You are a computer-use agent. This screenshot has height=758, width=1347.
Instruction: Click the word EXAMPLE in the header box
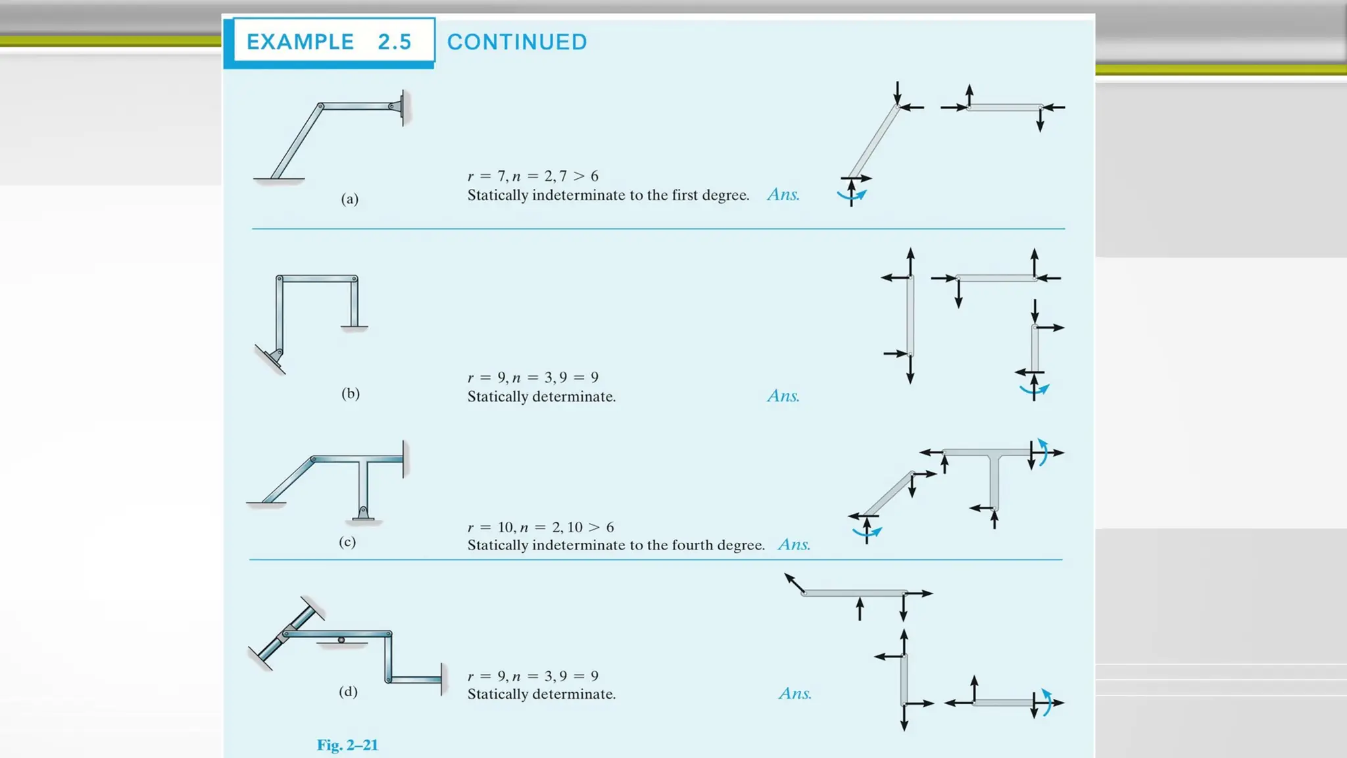(300, 42)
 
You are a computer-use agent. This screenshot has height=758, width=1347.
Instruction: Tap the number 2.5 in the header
(395, 42)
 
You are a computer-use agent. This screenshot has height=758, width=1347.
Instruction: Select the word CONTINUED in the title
(517, 42)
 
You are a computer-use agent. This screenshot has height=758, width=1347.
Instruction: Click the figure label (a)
(350, 199)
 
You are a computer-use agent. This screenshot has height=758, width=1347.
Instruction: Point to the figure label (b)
(351, 393)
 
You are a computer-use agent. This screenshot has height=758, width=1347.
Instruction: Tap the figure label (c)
(347, 542)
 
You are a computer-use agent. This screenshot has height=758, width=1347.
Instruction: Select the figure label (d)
(348, 692)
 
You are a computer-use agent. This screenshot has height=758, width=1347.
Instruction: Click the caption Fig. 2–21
(347, 745)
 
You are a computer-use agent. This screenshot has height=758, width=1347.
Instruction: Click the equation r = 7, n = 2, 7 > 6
(533, 176)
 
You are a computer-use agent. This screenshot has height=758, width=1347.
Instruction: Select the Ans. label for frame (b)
(783, 396)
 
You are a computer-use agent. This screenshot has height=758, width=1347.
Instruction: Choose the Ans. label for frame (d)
(795, 694)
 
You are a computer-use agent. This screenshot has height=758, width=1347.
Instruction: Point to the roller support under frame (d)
(341, 641)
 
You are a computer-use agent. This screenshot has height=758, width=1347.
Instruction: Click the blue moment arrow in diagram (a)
(852, 195)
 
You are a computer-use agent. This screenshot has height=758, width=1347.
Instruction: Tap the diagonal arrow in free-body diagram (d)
(794, 583)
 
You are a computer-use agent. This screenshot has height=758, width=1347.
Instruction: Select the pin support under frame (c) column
(362, 513)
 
